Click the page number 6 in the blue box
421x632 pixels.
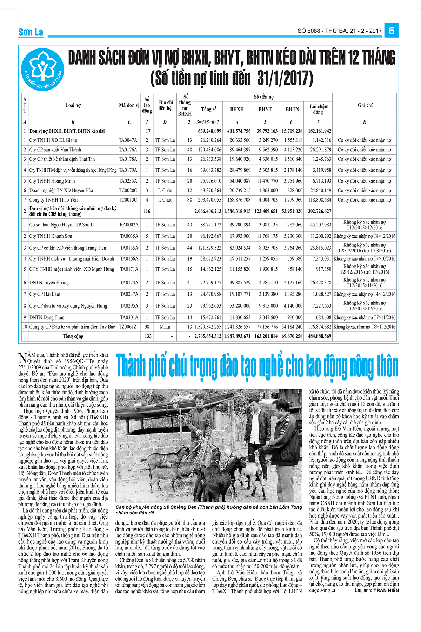(391, 31)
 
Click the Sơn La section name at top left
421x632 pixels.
(31, 32)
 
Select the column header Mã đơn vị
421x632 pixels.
(129, 105)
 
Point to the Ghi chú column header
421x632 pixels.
(365, 105)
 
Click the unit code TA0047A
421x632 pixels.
(128, 140)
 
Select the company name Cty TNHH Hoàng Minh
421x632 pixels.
(52, 181)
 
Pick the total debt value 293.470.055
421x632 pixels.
(208, 200)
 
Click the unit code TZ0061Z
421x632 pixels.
(128, 327)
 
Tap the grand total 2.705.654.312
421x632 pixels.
(208, 336)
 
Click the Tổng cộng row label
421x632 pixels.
(73, 336)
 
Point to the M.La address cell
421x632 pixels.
(165, 327)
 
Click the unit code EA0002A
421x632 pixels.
(129, 225)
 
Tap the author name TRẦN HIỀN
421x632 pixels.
(386, 590)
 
